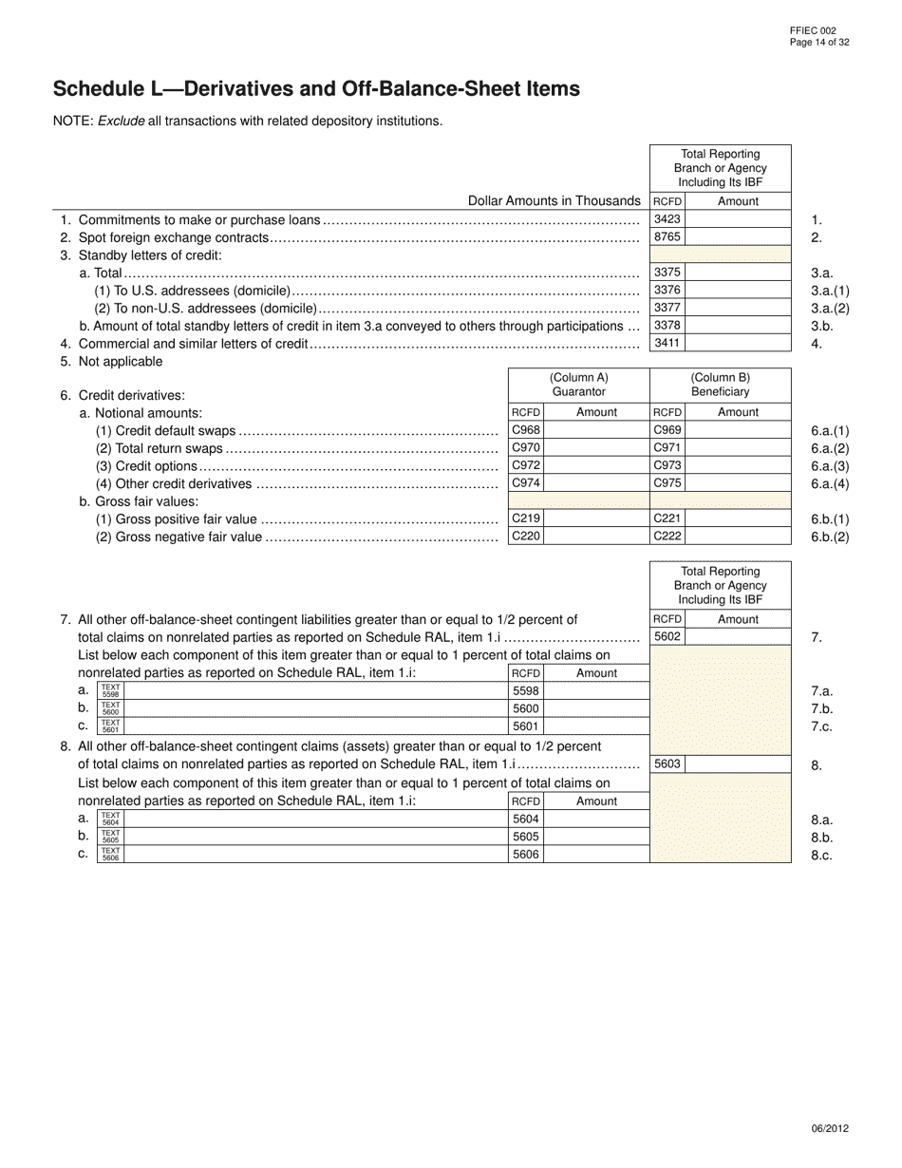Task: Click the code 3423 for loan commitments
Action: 667,219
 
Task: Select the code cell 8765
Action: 667,237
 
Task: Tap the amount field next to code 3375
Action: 738,273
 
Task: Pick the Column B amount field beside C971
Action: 738,448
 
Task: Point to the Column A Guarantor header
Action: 579,385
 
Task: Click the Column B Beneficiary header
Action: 720,385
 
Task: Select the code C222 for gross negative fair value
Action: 667,537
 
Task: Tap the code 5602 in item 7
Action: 667,637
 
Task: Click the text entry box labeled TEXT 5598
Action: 316,691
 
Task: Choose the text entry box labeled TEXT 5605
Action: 316,837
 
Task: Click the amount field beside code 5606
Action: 596,855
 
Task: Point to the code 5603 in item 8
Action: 667,764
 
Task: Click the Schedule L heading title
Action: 316,89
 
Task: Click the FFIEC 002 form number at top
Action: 813,31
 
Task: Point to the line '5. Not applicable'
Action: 111,362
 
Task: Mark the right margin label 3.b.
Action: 822,327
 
